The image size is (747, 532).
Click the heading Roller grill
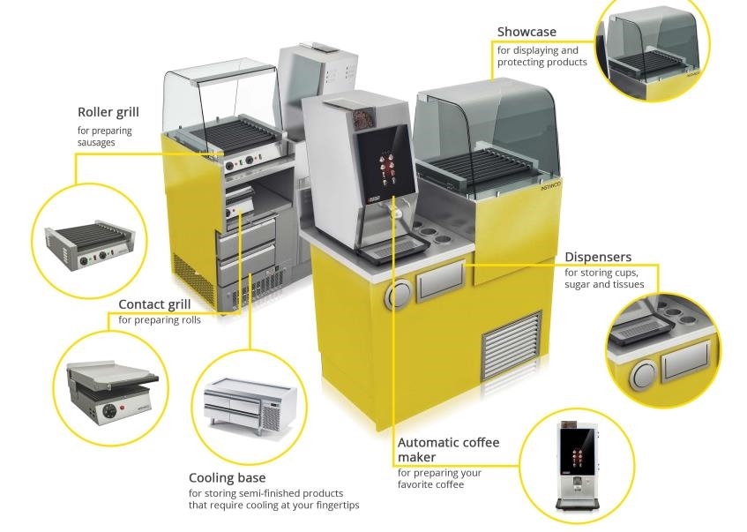pos(108,112)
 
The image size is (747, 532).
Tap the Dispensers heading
pos(598,258)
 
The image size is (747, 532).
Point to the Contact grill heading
pos(154,304)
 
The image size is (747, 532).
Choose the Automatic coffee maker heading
pos(448,450)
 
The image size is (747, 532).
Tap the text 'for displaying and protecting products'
pos(542,56)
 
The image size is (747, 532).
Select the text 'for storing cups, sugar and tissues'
pos(604,279)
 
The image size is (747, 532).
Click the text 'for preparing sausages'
pos(105,136)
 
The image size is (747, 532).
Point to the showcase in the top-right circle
pos(654,53)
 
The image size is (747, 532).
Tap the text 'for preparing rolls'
pos(160,320)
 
